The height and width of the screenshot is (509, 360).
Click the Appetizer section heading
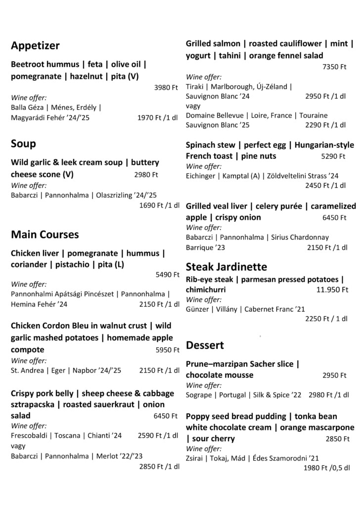[x=35, y=46]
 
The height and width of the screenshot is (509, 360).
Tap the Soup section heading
[x=23, y=144]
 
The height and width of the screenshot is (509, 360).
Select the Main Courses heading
[x=45, y=234]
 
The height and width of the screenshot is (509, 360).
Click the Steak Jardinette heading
[x=226, y=267]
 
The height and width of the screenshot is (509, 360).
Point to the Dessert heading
[x=205, y=345]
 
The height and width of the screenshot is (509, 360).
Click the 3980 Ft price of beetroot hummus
[x=166, y=87]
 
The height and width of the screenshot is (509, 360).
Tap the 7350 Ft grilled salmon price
[x=334, y=67]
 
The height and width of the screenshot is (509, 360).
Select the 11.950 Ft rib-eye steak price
[x=332, y=290]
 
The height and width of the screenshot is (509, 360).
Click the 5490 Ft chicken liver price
[x=166, y=274]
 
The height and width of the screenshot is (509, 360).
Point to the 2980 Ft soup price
[x=146, y=174]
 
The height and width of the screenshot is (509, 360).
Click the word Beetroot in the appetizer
[x=28, y=65]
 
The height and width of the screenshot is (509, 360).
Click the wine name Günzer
[x=197, y=309]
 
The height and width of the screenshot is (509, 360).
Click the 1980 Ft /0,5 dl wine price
[x=326, y=467]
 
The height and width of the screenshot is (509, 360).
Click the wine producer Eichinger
[x=201, y=175]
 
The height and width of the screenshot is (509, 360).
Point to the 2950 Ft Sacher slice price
[x=334, y=375]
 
